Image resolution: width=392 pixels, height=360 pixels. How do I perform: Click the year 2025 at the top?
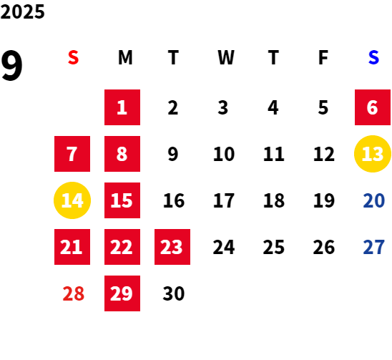click(x=22, y=11)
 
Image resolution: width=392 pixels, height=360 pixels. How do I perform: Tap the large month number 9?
click(x=11, y=66)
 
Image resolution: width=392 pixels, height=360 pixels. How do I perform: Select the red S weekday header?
click(x=73, y=57)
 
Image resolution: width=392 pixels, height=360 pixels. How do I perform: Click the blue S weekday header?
click(x=373, y=57)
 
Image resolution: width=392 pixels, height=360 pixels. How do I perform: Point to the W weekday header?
click(x=226, y=57)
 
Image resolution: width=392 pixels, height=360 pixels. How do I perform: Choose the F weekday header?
click(x=323, y=57)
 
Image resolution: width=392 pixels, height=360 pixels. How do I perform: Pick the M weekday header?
click(x=125, y=57)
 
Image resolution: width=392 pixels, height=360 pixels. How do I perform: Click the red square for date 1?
click(x=122, y=107)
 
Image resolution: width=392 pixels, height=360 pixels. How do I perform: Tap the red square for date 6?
click(x=373, y=107)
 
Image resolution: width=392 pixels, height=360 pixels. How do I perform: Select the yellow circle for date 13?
click(x=373, y=154)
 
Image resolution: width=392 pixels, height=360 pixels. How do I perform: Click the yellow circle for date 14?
click(x=72, y=200)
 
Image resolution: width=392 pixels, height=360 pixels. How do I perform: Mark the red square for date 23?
click(x=172, y=247)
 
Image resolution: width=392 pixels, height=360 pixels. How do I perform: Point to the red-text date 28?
click(x=73, y=293)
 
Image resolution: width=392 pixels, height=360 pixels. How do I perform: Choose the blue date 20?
click(x=373, y=200)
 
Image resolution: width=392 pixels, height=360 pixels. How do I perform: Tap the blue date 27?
click(x=373, y=247)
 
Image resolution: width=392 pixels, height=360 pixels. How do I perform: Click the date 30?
click(x=174, y=293)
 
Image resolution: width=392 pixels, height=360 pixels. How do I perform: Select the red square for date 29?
click(x=122, y=293)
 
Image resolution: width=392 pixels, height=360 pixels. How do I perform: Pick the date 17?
click(x=224, y=200)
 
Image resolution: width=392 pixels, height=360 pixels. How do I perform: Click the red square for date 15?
click(x=122, y=200)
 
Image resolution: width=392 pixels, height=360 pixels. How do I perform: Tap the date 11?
click(x=274, y=154)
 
